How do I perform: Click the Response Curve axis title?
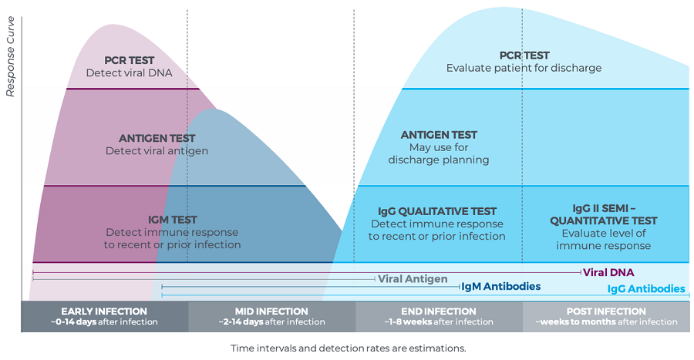coord(10,56)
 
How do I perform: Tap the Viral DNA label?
coord(608,272)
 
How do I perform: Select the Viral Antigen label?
coord(413,279)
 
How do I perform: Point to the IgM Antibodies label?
coord(500,287)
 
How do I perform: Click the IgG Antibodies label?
coord(645,289)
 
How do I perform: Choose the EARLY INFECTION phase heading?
coord(104,311)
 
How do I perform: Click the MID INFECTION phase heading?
coord(271,311)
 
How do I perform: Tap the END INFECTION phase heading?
coord(439,311)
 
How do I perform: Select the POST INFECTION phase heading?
coord(606,311)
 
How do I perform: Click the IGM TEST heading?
coord(172,220)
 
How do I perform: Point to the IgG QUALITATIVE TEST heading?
coord(437,211)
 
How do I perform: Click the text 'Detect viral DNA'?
coord(130,73)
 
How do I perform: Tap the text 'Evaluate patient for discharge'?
coord(524,68)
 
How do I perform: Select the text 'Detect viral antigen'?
coord(157,151)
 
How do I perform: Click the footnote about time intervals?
coord(349,348)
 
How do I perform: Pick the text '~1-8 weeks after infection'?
coord(439,322)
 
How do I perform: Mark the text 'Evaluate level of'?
coord(604,233)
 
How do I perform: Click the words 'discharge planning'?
coord(439,160)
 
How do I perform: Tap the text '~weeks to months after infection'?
coord(606,322)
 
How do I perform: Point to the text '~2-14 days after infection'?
coord(271,322)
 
